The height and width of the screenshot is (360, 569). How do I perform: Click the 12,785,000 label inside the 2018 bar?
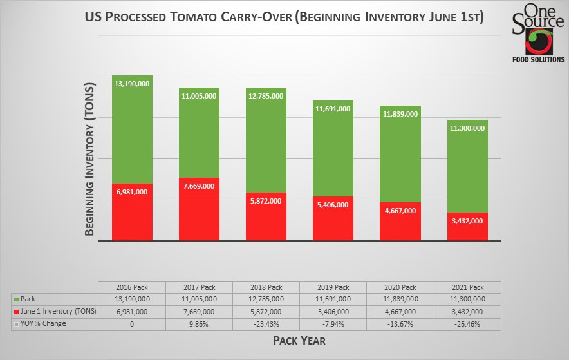tap(266, 96)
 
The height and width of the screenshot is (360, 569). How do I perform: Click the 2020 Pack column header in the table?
tap(400, 287)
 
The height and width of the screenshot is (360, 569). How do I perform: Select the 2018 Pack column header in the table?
tap(266, 287)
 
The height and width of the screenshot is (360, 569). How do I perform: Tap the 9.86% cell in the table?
tap(199, 323)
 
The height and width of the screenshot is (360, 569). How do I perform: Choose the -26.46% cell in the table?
tap(467, 323)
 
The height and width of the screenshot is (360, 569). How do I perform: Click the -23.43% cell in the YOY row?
tap(266, 323)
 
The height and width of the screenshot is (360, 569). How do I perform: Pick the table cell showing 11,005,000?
tap(199, 299)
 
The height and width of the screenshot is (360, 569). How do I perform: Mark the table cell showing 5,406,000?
tap(333, 312)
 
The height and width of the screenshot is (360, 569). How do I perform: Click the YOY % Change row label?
tap(43, 323)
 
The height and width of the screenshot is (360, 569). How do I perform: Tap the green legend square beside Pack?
tap(15, 299)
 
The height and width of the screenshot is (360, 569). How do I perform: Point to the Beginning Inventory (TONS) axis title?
tap(90, 158)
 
